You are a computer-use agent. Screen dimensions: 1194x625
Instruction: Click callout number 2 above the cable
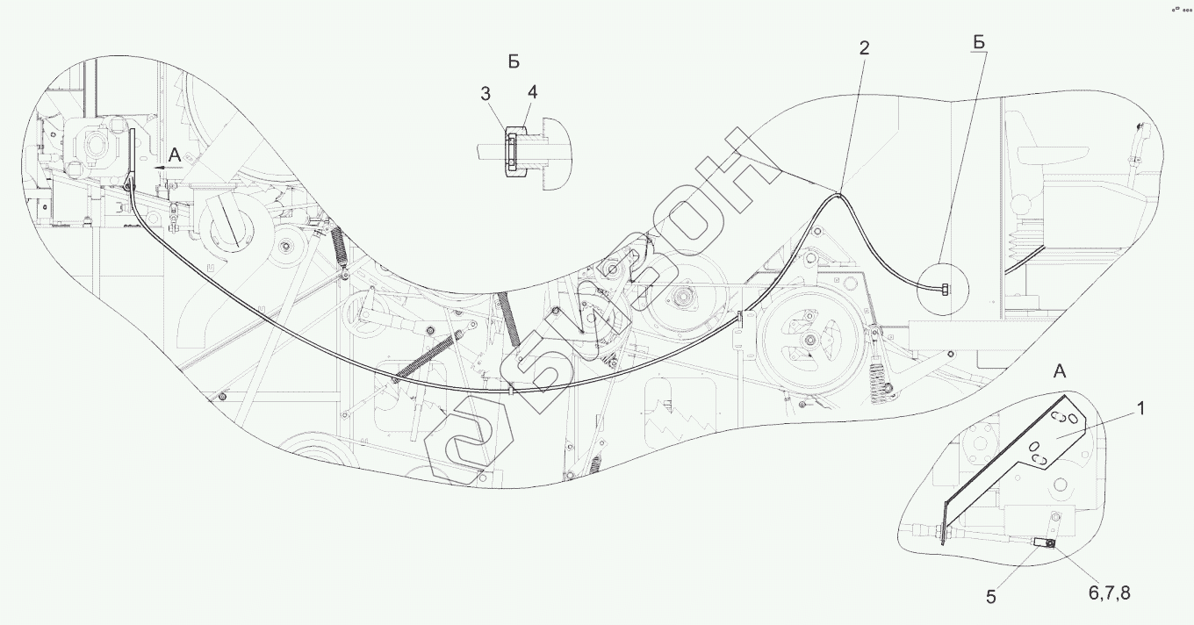tap(864, 49)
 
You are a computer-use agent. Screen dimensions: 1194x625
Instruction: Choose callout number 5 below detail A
tap(990, 597)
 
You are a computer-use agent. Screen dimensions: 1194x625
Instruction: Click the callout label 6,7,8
tap(1110, 593)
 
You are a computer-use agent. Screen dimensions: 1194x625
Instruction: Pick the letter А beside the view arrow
tap(175, 155)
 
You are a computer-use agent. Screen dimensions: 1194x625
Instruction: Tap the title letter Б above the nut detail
tap(514, 61)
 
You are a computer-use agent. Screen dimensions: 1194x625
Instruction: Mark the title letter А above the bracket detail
tap(1059, 371)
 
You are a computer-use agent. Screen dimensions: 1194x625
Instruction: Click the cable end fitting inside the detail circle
tap(944, 289)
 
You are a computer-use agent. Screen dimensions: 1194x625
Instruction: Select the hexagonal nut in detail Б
tap(515, 149)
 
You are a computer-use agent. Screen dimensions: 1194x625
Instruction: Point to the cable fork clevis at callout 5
tap(1041, 544)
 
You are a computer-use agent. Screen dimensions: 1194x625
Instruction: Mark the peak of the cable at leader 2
tap(838, 194)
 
